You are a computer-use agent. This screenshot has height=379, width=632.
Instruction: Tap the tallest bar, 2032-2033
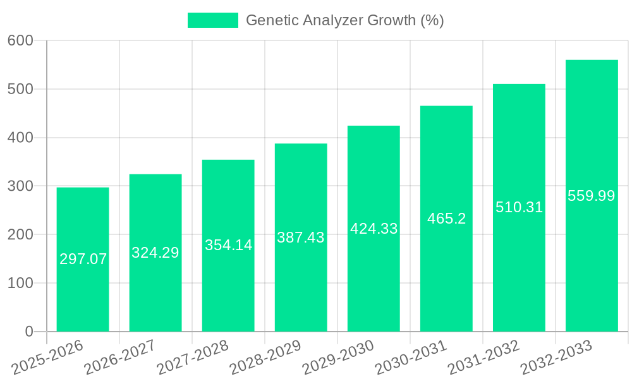pyautogui.click(x=592, y=253)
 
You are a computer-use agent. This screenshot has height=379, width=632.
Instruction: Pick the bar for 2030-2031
pyautogui.click(x=446, y=265)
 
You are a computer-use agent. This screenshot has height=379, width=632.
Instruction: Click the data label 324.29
pyautogui.click(x=155, y=253)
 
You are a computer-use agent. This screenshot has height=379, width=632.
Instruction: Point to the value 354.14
pyautogui.click(x=228, y=245)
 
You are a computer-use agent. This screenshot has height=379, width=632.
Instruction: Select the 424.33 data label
pyautogui.click(x=374, y=229)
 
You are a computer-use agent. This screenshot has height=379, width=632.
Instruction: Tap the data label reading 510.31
pyautogui.click(x=519, y=207)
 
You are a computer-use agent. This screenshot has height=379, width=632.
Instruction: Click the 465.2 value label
pyautogui.click(x=446, y=219)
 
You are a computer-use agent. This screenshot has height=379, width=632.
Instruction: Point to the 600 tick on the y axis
pyautogui.click(x=20, y=40)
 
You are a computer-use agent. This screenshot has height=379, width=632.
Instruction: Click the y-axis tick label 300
pyautogui.click(x=20, y=186)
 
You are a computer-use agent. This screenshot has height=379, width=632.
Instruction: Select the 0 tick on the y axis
pyautogui.click(x=28, y=332)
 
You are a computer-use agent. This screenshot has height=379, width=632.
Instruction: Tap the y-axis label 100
pyautogui.click(x=20, y=283)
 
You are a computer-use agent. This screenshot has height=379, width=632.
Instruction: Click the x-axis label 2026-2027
pyautogui.click(x=120, y=358)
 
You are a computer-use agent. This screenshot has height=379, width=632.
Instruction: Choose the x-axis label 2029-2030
pyautogui.click(x=338, y=358)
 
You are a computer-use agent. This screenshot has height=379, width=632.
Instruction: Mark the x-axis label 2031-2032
pyautogui.click(x=483, y=358)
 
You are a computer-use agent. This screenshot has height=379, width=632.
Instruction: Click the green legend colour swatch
pyautogui.click(x=213, y=20)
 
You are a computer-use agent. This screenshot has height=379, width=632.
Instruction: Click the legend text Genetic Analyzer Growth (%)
pyautogui.click(x=344, y=20)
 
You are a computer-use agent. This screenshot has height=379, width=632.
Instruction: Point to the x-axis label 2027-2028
pyautogui.click(x=193, y=358)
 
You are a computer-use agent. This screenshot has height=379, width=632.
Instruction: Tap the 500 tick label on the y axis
pyautogui.click(x=20, y=89)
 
